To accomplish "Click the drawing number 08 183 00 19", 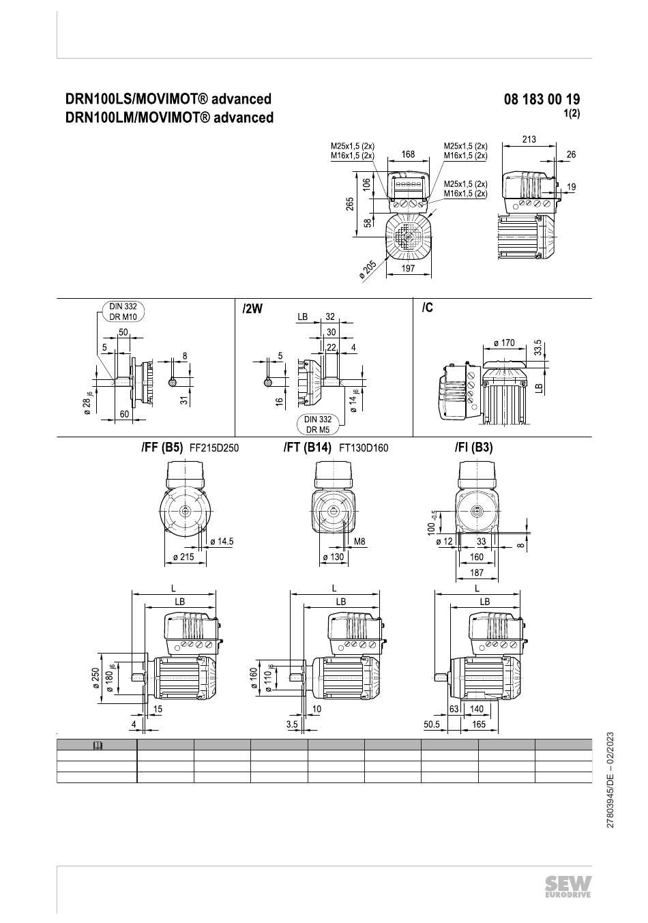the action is tap(542, 100).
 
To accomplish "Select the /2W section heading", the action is tap(252, 308).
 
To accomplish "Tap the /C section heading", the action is tap(427, 308).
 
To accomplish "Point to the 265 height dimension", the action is tap(350, 205).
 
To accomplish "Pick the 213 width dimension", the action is tap(529, 139).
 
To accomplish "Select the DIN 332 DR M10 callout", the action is tap(123, 312).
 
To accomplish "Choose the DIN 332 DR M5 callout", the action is tap(318, 424).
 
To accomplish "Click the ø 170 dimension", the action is tap(504, 343).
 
